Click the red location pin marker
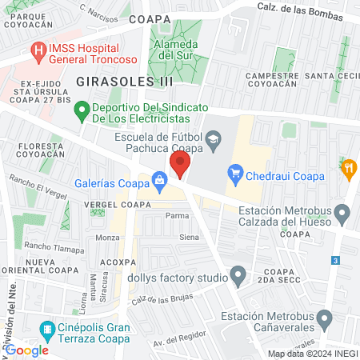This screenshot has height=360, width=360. tap(180, 166)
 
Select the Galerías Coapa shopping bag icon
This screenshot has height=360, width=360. tap(161, 181)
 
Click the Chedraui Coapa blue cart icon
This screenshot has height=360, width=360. tap(235, 172)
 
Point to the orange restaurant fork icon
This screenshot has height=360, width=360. tap(348, 169)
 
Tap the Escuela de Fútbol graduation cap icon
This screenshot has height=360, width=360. tap(213, 142)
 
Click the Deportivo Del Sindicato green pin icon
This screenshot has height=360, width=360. tap(81, 112)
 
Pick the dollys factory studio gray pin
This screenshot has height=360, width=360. tap(238, 277)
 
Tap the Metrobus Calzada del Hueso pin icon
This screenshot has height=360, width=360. tap(342, 214)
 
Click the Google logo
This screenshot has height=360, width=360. tap(27, 350)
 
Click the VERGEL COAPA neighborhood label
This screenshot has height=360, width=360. tap(112, 205)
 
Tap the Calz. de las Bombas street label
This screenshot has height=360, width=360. tap(299, 6)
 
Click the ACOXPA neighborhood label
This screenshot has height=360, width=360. tap(114, 262)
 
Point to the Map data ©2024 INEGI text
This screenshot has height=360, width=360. tap(312, 354)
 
